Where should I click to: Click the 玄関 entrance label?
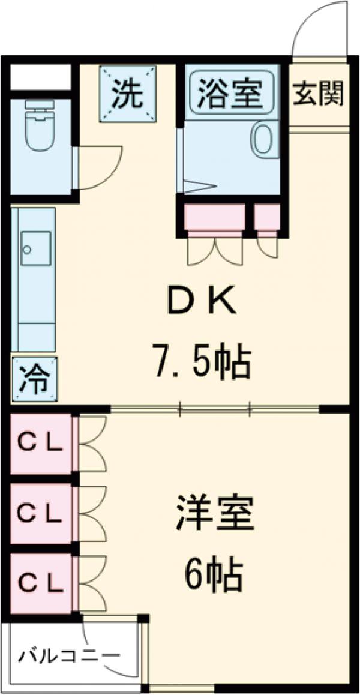[319, 94]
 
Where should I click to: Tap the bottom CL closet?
[40, 582]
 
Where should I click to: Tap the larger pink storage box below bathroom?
[214, 217]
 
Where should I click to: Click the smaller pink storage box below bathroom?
[266, 217]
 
